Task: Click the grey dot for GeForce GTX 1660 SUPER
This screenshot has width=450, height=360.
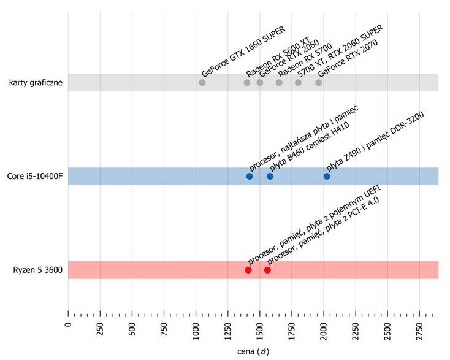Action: (x=202, y=83)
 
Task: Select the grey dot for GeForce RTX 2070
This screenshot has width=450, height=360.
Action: (x=319, y=83)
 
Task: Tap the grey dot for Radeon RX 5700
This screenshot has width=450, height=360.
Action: (x=279, y=83)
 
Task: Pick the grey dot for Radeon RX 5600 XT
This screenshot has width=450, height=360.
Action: (x=247, y=83)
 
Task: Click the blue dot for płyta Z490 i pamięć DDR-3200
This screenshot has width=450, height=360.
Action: (x=327, y=176)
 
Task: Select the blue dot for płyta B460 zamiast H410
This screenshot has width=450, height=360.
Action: (x=270, y=176)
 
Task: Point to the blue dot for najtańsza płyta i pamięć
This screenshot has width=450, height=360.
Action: (x=250, y=176)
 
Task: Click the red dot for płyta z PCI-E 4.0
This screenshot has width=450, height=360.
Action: (x=267, y=270)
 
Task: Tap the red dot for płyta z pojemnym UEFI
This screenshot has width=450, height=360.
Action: (x=248, y=270)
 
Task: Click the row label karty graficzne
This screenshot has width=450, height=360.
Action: (x=36, y=83)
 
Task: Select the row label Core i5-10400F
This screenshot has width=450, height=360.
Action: (x=34, y=176)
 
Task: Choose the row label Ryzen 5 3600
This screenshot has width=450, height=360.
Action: (x=37, y=270)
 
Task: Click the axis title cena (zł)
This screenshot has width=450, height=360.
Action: (x=253, y=351)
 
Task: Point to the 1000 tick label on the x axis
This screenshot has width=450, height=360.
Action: (x=196, y=331)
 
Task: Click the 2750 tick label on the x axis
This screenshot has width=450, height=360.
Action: (x=419, y=331)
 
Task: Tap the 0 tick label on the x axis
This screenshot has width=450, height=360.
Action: (x=68, y=324)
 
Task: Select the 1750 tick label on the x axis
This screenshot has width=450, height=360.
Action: (x=292, y=331)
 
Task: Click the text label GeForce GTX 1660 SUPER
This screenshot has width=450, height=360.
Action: (x=243, y=52)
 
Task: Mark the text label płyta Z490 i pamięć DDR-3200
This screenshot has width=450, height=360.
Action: (x=375, y=141)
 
